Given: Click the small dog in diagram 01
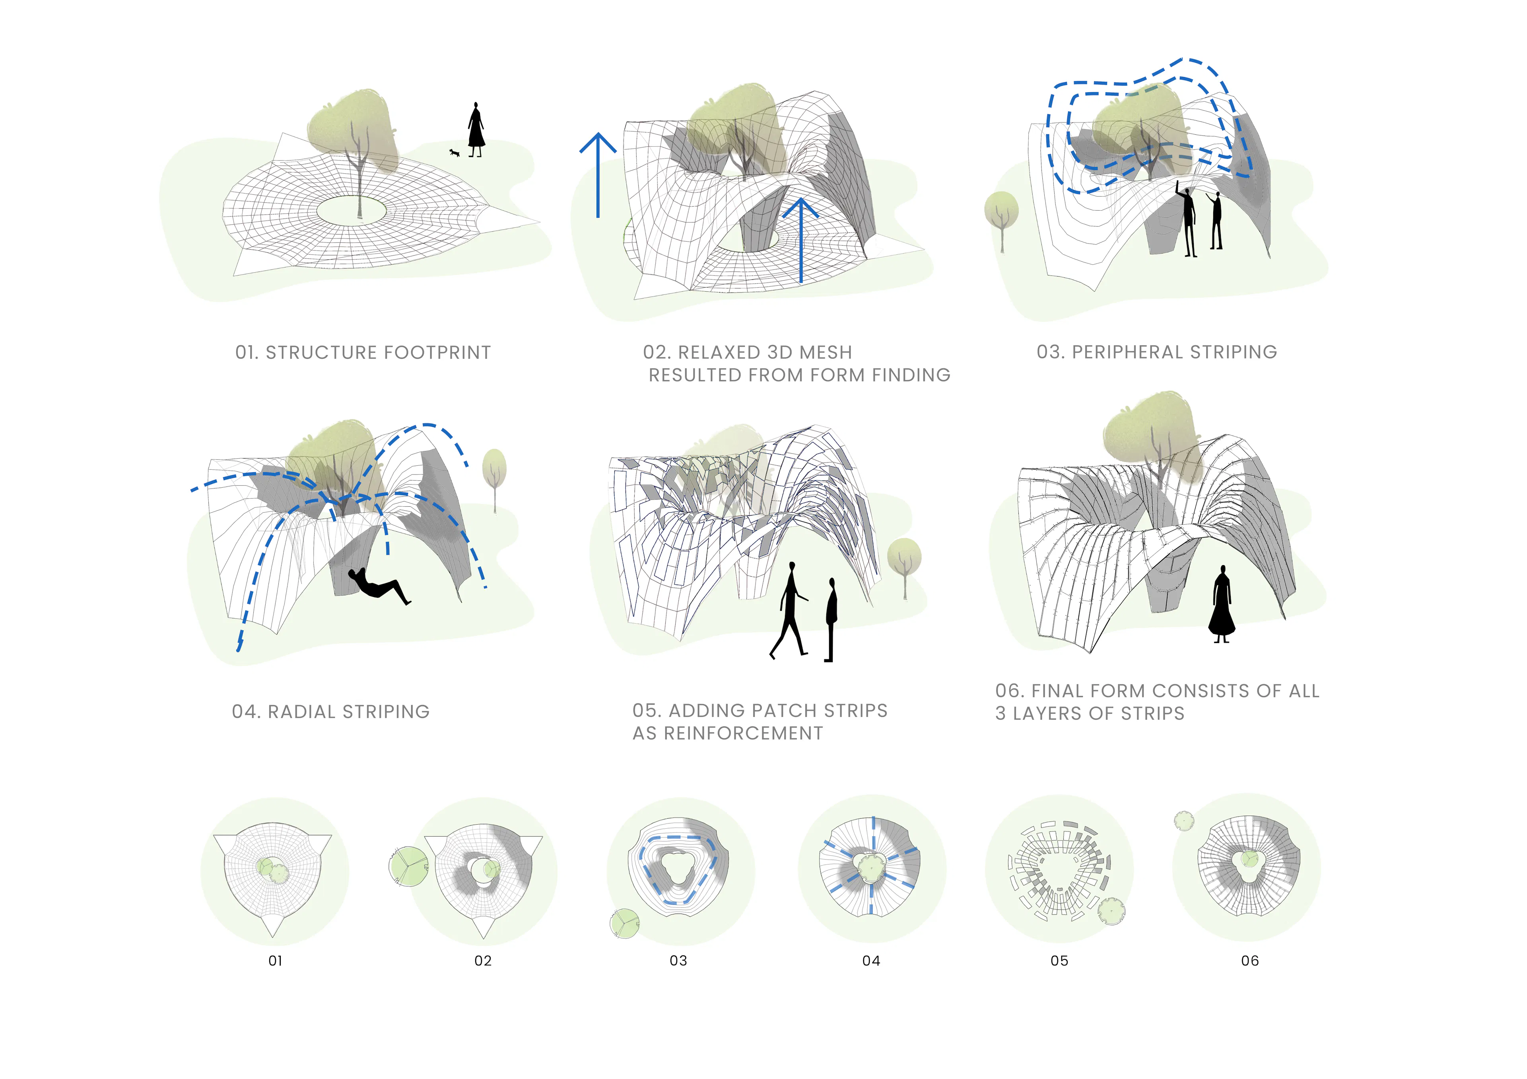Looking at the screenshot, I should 454,153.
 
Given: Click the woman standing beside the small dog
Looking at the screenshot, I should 476,130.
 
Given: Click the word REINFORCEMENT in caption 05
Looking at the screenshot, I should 744,733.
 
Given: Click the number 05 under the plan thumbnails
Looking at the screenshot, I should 1059,961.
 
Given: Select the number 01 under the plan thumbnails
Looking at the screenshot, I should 275,961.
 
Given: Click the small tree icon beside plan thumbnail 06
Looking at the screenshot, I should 1184,821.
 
